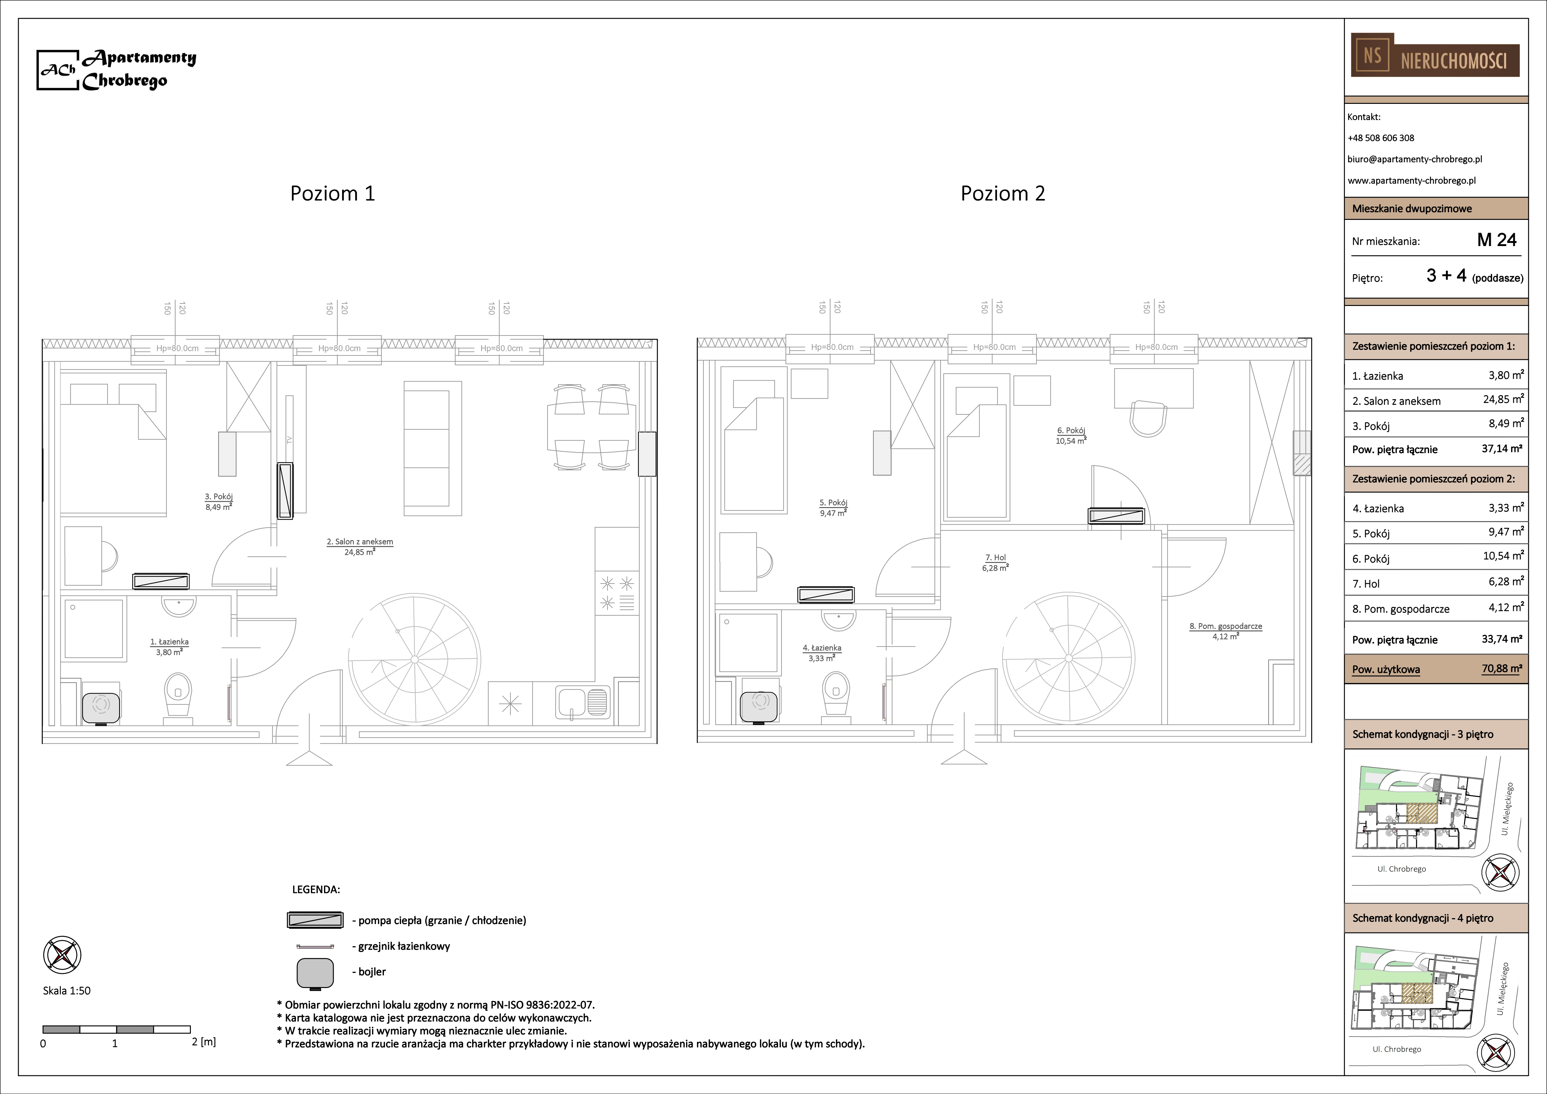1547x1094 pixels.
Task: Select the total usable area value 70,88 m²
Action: click(x=1502, y=669)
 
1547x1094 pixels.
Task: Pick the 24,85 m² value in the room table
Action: click(x=1503, y=399)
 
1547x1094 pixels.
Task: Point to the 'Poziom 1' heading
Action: click(x=332, y=194)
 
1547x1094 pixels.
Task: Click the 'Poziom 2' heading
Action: click(x=1003, y=194)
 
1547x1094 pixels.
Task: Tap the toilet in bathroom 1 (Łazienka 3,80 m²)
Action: click(x=178, y=694)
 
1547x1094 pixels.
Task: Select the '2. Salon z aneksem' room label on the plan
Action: click(x=360, y=542)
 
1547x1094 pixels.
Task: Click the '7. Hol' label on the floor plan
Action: click(x=995, y=558)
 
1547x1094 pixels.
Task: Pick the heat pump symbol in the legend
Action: click(x=315, y=920)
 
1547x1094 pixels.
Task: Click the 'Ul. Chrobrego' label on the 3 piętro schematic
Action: click(x=1401, y=869)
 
